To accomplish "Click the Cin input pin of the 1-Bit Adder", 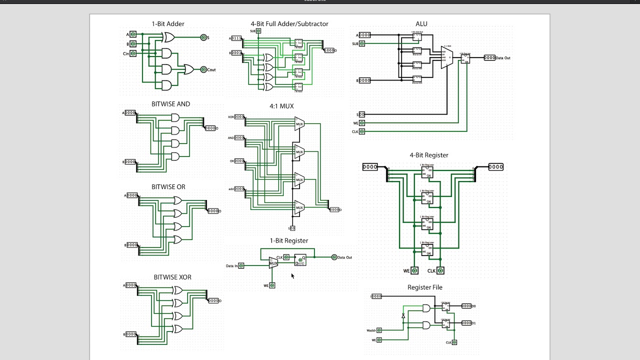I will point(133,53).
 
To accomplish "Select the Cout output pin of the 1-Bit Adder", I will point(203,69).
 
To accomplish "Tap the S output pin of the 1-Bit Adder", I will point(203,37).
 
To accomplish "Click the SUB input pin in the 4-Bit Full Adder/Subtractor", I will point(258,31).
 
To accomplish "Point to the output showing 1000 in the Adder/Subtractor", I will point(329,50).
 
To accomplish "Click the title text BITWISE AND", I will point(170,104).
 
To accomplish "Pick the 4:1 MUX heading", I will point(281,106).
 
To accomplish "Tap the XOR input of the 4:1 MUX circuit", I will point(239,117).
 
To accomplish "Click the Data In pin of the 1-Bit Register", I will point(241,265).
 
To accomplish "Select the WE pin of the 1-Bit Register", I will point(272,285).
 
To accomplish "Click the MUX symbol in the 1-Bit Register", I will point(273,263).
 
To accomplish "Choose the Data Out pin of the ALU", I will point(489,58).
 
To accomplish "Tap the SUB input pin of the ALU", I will point(362,43).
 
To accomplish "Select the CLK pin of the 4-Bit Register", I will point(440,270).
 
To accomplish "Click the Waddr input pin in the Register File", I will point(379,330).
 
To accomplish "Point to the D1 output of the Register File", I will point(466,323).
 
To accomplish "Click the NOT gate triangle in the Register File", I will point(403,315).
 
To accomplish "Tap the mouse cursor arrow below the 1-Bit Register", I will point(292,275).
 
